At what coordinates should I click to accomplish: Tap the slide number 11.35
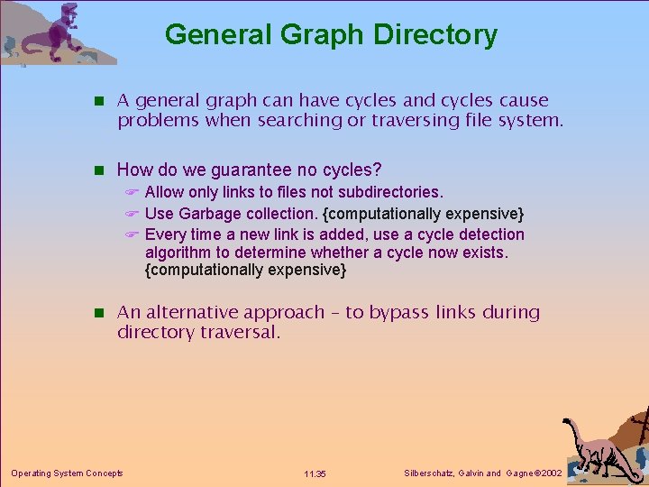click(x=315, y=473)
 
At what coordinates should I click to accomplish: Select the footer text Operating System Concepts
click(x=67, y=473)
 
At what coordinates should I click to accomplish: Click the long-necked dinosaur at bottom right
click(x=595, y=446)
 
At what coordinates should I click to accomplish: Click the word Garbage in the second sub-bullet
click(x=210, y=214)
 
